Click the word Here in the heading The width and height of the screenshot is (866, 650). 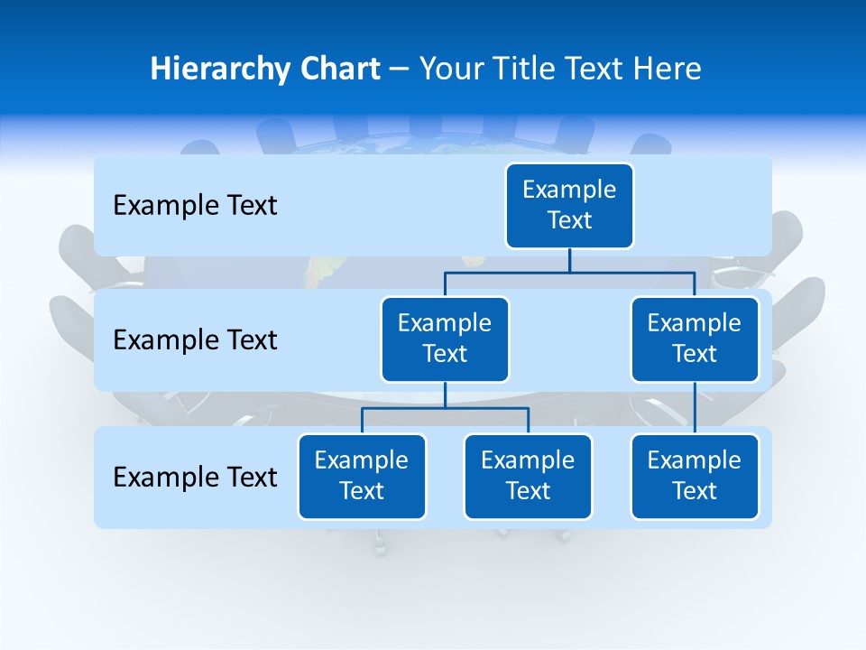[x=666, y=69]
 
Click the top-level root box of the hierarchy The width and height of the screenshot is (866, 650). [x=569, y=205]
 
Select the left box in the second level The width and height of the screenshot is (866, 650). [x=445, y=339]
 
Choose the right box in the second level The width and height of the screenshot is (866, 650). [x=695, y=339]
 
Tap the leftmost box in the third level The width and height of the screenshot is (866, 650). [x=362, y=476]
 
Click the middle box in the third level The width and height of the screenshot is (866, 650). [x=528, y=476]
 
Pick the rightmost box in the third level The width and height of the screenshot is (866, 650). [x=695, y=476]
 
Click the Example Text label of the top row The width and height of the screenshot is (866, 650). [x=195, y=206]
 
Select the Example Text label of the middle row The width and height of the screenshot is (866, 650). [x=195, y=340]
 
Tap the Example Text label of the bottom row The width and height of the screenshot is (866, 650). [x=195, y=477]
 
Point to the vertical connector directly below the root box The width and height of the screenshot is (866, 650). [x=569, y=260]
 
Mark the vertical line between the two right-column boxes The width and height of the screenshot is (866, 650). [x=695, y=407]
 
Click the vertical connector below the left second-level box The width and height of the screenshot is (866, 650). [x=445, y=395]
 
